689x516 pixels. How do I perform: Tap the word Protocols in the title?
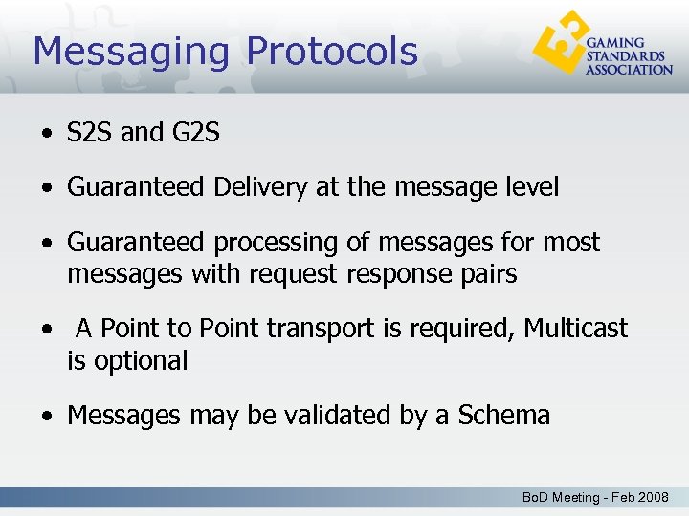332,52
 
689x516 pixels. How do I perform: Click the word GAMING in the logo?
615,43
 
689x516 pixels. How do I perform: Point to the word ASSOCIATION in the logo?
629,69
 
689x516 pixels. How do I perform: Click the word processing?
283,243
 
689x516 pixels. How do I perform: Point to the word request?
293,274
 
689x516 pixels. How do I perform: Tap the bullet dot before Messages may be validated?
46,417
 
